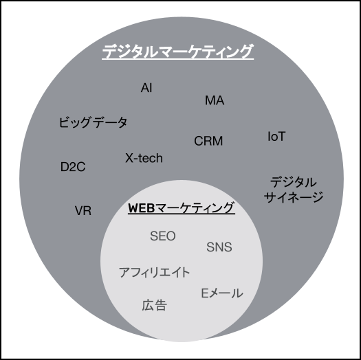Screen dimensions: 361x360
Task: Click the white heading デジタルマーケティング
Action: [x=177, y=51]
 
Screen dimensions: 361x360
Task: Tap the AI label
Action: [x=146, y=88]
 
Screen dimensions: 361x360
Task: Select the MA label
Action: [x=215, y=100]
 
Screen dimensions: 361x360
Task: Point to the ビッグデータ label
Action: [x=93, y=122]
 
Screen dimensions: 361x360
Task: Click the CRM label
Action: [x=208, y=141]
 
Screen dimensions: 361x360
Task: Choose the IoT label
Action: [x=276, y=136]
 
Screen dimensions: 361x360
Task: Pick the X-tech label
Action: [x=144, y=158]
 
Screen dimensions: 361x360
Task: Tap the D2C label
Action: [x=73, y=167]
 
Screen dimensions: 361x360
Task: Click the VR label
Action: [x=83, y=210]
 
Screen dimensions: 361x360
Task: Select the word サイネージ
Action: [x=294, y=197]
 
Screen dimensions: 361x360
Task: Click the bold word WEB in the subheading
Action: [x=141, y=207]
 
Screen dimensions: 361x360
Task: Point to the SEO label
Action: [x=163, y=236]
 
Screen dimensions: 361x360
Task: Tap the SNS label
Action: [x=219, y=247]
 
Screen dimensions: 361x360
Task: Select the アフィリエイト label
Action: [x=154, y=272]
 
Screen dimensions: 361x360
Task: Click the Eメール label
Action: [x=222, y=293]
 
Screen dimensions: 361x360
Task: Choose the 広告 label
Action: [x=154, y=305]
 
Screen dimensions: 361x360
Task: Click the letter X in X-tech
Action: [x=129, y=158]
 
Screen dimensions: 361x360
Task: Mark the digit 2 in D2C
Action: [x=73, y=167]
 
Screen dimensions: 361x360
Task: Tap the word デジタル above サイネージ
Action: [x=294, y=182]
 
